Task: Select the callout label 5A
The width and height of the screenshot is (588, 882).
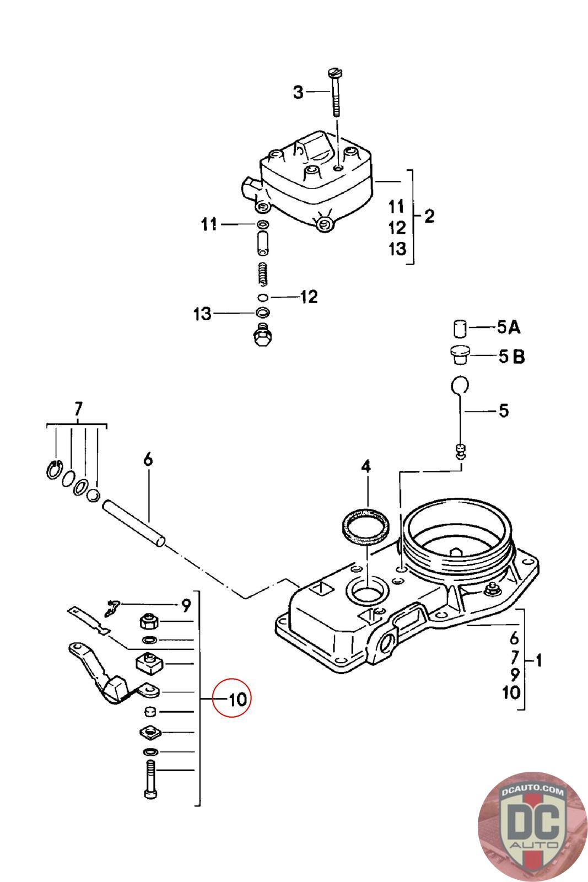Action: tap(509, 327)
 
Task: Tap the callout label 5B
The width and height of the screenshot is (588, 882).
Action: tap(511, 356)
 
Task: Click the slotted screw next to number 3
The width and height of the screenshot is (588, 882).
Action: tap(335, 93)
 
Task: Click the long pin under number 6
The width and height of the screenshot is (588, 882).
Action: tap(134, 523)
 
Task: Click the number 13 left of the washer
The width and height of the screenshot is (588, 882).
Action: tap(202, 314)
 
